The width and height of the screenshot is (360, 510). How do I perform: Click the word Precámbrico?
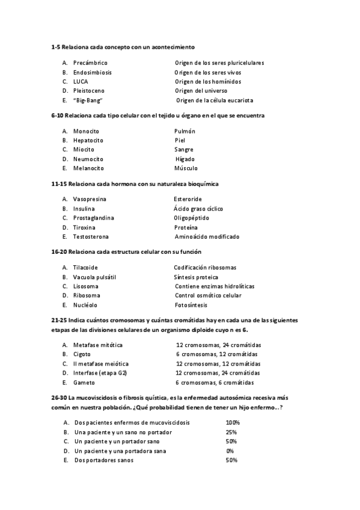tap(90, 63)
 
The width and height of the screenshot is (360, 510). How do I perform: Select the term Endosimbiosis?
tap(92, 72)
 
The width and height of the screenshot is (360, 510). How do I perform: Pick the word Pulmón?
tap(185, 131)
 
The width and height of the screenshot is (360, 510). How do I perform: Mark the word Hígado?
tap(185, 159)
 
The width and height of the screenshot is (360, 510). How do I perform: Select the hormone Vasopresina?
tap(90, 198)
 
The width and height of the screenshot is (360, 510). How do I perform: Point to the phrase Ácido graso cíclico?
tap(198, 208)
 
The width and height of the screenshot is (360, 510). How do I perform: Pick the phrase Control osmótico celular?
tap(208, 295)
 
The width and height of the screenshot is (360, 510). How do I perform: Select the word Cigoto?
tap(82, 354)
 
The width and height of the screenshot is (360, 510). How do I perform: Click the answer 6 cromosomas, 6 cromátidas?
tap(215, 382)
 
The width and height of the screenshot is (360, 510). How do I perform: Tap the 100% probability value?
tap(233, 422)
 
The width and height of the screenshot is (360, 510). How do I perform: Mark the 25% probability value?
tap(231, 432)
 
